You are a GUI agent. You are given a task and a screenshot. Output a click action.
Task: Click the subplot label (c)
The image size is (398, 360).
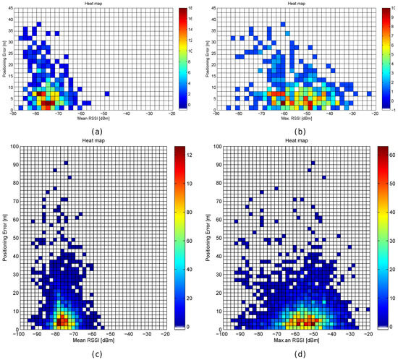click(98, 349)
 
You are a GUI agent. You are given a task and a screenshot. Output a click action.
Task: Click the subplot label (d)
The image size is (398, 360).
click(295, 349)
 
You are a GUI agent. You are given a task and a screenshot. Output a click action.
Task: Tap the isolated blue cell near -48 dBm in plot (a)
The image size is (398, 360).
click(106, 93)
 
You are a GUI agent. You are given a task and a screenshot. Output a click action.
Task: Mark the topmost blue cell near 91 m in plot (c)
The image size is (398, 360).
click(66, 163)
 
